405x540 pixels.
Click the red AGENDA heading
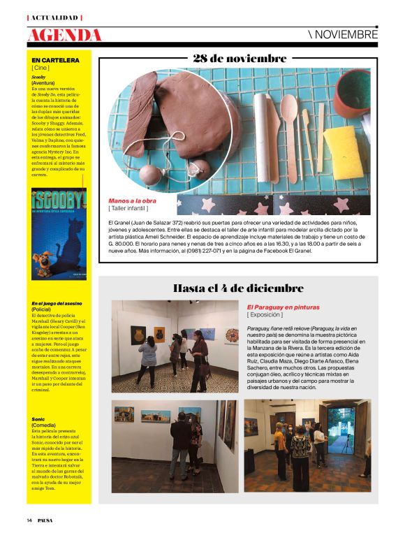pos(64,34)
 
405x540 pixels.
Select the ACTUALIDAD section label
pos(54,16)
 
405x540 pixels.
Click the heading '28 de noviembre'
pos(240,59)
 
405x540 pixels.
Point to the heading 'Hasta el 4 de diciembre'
pos(238,288)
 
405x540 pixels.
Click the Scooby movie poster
pos(59,234)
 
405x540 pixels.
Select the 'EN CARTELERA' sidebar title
pos(55,60)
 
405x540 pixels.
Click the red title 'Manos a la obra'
pos(132,200)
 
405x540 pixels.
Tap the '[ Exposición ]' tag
pos(266,314)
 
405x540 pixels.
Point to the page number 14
pos(30,520)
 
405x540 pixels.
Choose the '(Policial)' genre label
pos(43,309)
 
